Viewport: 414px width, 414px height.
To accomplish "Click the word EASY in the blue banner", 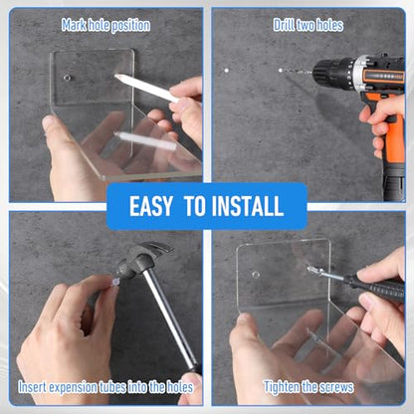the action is (x=151, y=206).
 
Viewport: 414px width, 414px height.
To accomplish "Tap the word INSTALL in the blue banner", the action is (x=248, y=206).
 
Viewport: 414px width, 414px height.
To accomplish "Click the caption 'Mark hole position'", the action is (x=105, y=26).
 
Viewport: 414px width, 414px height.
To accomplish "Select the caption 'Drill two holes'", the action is (x=309, y=25).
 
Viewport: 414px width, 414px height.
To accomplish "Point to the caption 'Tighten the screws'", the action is (x=309, y=387).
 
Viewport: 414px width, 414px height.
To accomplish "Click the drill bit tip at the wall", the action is (x=281, y=71).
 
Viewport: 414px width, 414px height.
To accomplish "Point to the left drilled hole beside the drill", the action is (x=227, y=71).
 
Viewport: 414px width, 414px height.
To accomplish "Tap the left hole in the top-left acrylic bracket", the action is (x=67, y=78).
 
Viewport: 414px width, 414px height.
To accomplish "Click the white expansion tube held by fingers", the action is (x=114, y=283).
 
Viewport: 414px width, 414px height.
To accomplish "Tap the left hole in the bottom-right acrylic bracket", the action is (x=256, y=275).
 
